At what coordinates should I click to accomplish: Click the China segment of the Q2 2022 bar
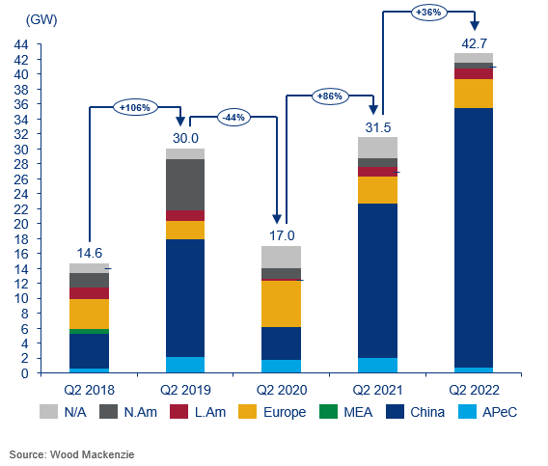473,237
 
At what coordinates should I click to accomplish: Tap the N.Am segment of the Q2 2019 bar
184,184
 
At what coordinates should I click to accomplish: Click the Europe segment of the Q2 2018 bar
89,314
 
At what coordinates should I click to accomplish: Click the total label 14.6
89,253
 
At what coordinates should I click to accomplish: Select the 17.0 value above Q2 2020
281,234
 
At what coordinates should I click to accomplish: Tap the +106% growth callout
133,107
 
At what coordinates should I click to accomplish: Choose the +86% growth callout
330,96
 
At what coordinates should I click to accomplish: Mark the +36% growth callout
427,12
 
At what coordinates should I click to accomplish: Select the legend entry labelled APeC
500,412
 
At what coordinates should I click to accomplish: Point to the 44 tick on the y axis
19,44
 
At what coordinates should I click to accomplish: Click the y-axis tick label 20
19,224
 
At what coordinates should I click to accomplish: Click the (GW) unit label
23,20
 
